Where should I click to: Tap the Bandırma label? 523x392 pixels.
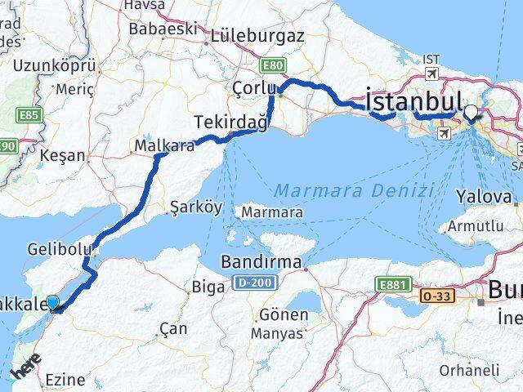261,264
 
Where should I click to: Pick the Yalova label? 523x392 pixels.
485,196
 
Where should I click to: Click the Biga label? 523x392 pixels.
204,286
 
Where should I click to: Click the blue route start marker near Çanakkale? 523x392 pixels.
53,303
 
